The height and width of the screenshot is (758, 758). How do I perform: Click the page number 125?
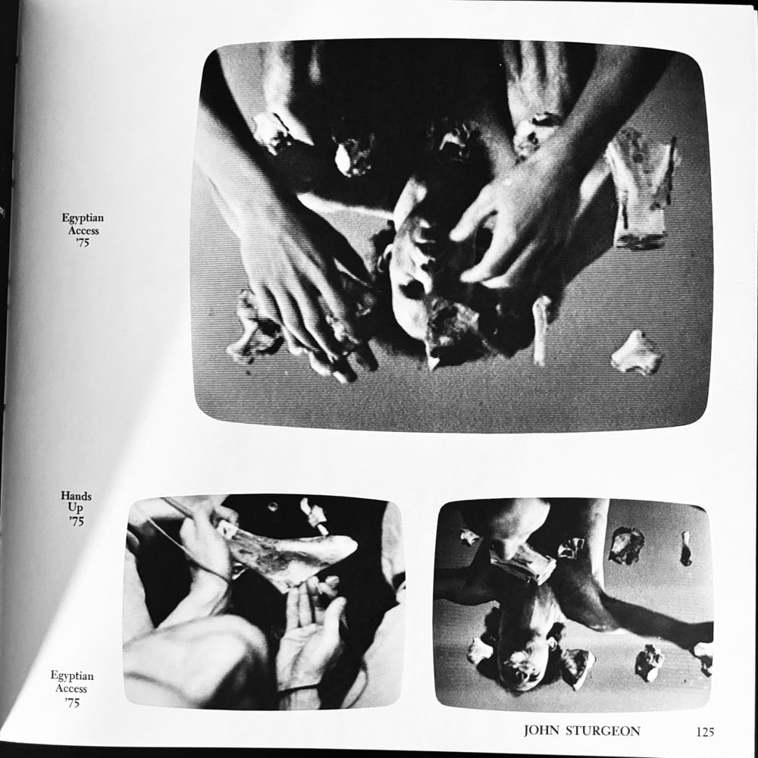click(x=705, y=732)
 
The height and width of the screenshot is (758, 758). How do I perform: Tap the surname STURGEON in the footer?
click(x=603, y=731)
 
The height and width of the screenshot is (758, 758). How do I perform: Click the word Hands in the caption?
click(x=76, y=496)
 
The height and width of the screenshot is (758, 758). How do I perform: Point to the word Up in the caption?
click(x=75, y=508)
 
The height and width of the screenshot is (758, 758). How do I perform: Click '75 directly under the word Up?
click(x=76, y=522)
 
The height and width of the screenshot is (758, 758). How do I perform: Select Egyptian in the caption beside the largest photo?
click(x=83, y=218)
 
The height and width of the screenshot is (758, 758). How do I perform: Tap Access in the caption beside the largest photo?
click(x=83, y=230)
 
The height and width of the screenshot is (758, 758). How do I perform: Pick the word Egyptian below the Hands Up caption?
click(x=72, y=676)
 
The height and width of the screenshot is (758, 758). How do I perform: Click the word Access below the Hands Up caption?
click(x=71, y=688)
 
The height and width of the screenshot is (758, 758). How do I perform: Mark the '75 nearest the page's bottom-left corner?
click(x=72, y=703)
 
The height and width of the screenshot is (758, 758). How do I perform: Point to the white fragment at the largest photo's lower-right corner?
click(x=637, y=352)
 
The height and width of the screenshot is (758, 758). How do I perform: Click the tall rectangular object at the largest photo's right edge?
click(x=641, y=189)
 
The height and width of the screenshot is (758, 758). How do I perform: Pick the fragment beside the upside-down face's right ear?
click(x=576, y=667)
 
